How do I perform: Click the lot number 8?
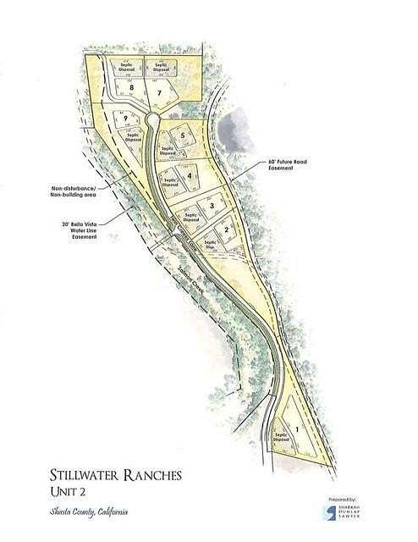(x=131, y=88)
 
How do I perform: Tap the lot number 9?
(x=124, y=118)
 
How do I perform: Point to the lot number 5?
(x=182, y=135)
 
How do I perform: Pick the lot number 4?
(x=190, y=175)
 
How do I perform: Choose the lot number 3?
(x=211, y=206)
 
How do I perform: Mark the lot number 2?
(x=227, y=230)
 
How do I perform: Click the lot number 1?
(x=297, y=430)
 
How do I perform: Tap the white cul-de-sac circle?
(x=152, y=119)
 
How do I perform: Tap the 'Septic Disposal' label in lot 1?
(x=282, y=440)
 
